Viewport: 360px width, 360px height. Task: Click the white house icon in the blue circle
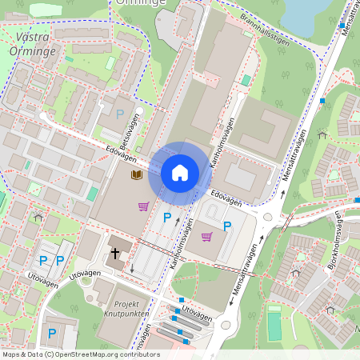point(180,173)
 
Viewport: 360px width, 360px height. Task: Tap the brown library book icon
point(137,174)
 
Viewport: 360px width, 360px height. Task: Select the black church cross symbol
point(114,254)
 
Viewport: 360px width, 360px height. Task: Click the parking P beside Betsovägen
point(120,114)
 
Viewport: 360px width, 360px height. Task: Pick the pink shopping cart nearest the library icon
point(143,206)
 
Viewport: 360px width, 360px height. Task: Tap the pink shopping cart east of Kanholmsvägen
point(206,237)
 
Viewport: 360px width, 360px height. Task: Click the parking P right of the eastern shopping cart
point(226,226)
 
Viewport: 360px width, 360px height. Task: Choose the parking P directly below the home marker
point(167,217)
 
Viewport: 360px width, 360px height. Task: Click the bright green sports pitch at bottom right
point(274,326)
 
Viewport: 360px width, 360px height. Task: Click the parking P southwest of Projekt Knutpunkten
point(52,333)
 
